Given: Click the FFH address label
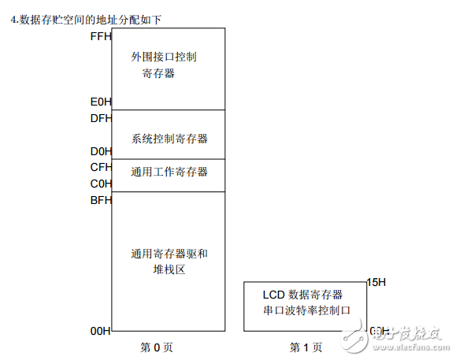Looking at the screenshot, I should (x=101, y=36).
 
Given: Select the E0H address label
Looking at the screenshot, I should (x=101, y=102).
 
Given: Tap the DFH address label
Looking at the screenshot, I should (x=101, y=119).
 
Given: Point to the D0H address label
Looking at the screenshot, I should (x=101, y=150).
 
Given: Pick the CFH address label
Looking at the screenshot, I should (x=101, y=167).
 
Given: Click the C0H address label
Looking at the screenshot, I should (x=101, y=184).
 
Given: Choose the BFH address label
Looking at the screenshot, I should (x=101, y=200).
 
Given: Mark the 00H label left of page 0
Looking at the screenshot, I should (x=101, y=331).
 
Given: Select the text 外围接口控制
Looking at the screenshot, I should (x=164, y=58).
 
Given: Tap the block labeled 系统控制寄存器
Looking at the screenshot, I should (x=169, y=139).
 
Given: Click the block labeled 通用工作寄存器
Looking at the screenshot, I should (x=169, y=172).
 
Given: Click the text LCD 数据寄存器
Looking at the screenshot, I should (x=302, y=294).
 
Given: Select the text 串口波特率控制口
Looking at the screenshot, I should (x=305, y=310).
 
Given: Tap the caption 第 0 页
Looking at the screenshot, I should (x=156, y=347).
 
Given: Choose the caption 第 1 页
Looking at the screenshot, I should (x=306, y=347).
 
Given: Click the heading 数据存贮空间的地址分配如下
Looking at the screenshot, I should (x=91, y=18).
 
